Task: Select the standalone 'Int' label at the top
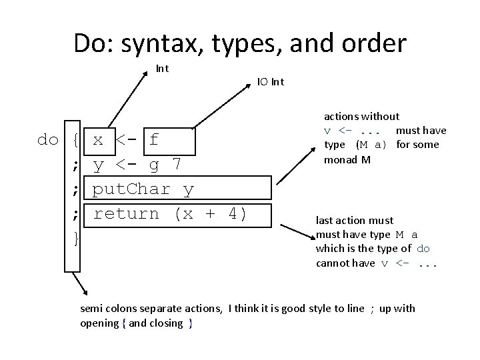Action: pyautogui.click(x=162, y=68)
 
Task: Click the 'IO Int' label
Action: pyautogui.click(x=271, y=82)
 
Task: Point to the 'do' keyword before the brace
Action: pyautogui.click(x=48, y=140)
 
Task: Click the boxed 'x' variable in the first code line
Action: pyautogui.click(x=97, y=140)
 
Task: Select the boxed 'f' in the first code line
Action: pyautogui.click(x=154, y=140)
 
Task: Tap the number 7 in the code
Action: pyautogui.click(x=176, y=164)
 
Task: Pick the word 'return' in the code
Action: pyautogui.click(x=126, y=214)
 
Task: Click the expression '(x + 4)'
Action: pyautogui.click(x=211, y=214)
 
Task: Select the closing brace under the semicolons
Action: pyautogui.click(x=77, y=237)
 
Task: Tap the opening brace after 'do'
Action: pyautogui.click(x=77, y=140)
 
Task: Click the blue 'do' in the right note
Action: pyautogui.click(x=424, y=249)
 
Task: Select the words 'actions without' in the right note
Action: pyautogui.click(x=361, y=116)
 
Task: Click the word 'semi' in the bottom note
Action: pyautogui.click(x=91, y=308)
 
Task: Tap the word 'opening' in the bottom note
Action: pyautogui.click(x=99, y=323)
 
